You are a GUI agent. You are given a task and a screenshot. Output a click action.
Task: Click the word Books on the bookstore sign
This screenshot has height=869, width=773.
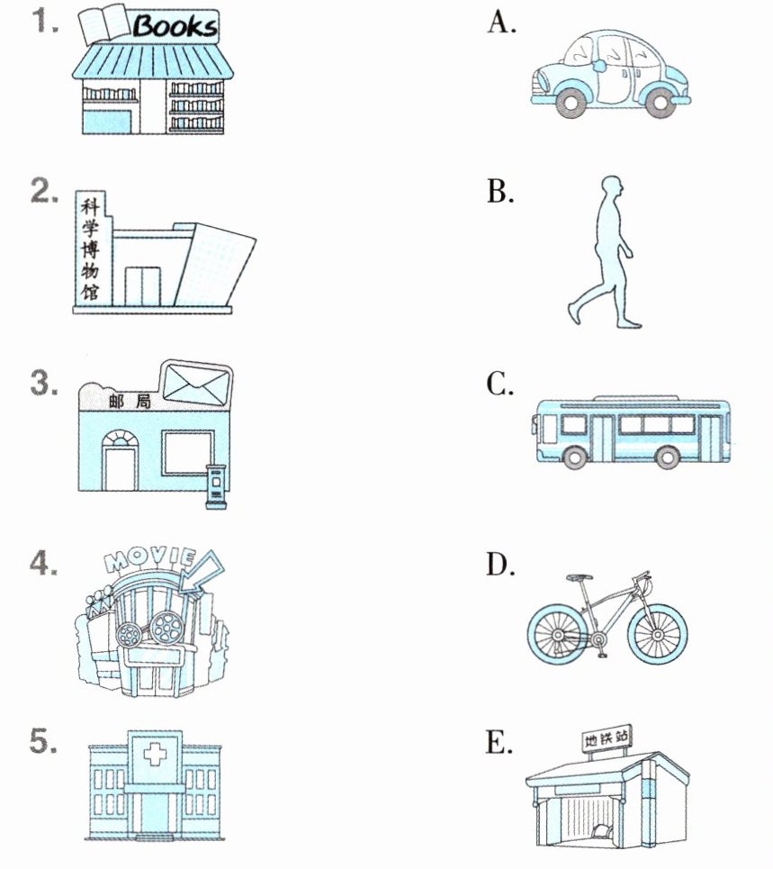coord(175,25)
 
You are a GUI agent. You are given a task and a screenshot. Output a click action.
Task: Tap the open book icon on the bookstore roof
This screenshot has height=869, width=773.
coord(103,23)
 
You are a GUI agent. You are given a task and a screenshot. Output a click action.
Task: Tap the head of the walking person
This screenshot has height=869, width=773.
coord(612,189)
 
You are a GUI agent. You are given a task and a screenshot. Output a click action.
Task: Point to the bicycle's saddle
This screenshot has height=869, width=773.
coord(578,575)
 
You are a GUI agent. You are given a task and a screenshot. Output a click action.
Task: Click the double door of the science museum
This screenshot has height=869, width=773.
coord(142,286)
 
